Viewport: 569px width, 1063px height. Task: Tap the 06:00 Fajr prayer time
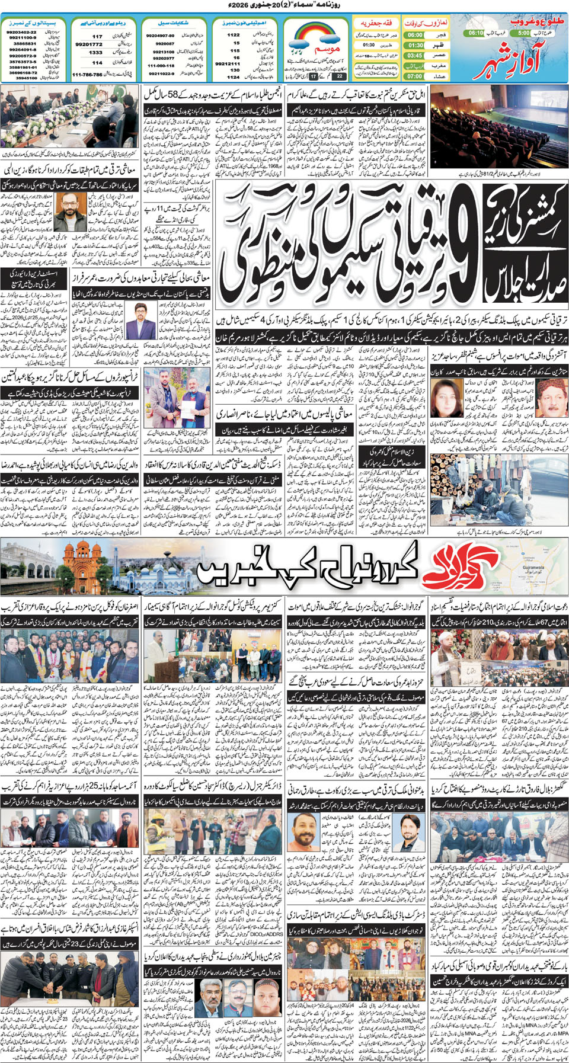tap(415, 35)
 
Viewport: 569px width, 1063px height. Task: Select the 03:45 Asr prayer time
tap(415, 56)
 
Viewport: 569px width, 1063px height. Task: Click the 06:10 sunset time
tap(476, 33)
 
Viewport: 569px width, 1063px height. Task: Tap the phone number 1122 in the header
tap(234, 35)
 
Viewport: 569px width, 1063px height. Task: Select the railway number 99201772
tap(89, 44)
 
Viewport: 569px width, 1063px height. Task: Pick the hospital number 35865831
tap(24, 44)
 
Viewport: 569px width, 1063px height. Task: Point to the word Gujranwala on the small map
tap(533, 567)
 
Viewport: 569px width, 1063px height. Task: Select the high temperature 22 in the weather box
tap(338, 76)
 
